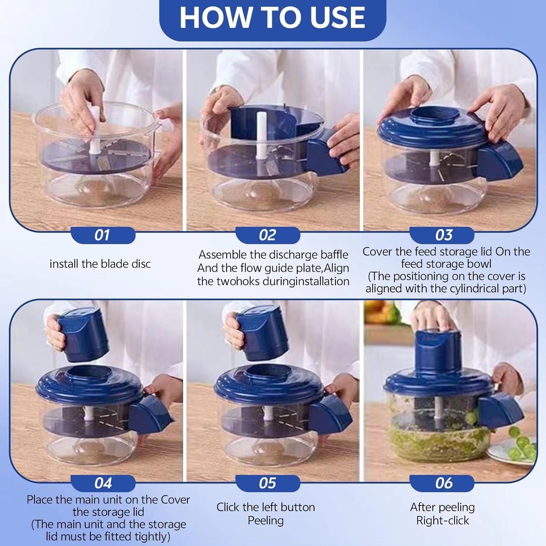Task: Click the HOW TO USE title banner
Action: pyautogui.click(x=272, y=18)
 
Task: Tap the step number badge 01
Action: pyautogui.click(x=102, y=235)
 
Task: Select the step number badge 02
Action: pyautogui.click(x=268, y=235)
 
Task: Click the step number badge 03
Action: pyautogui.click(x=443, y=235)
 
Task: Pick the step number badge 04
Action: pyautogui.click(x=103, y=483)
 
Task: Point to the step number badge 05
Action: pyautogui.click(x=268, y=483)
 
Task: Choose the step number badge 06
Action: pyautogui.click(x=443, y=483)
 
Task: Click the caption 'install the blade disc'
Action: pyautogui.click(x=100, y=264)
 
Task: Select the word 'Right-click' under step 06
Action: pyautogui.click(x=443, y=521)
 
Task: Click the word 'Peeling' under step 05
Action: pyautogui.click(x=265, y=521)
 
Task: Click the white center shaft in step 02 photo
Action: pyautogui.click(x=261, y=135)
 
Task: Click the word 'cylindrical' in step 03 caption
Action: pyautogui.click(x=470, y=289)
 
